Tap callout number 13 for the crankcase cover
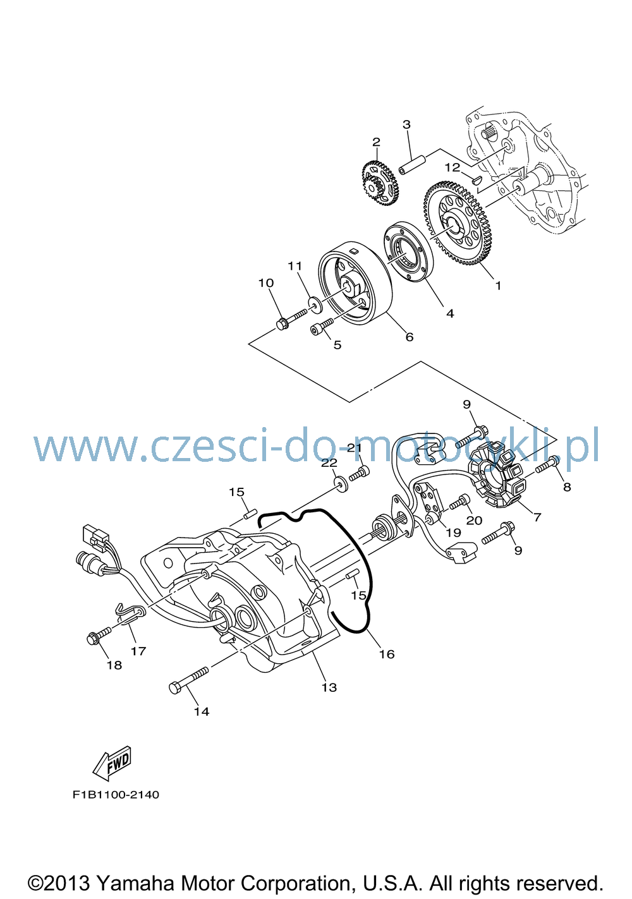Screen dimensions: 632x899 (x=329, y=688)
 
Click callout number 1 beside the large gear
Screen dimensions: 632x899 (x=498, y=286)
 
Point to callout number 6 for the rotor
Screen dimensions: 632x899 (x=409, y=337)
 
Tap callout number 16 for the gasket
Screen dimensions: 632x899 (x=387, y=654)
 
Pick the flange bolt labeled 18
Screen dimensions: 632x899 (x=99, y=637)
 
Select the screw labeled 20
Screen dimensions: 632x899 (x=459, y=502)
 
